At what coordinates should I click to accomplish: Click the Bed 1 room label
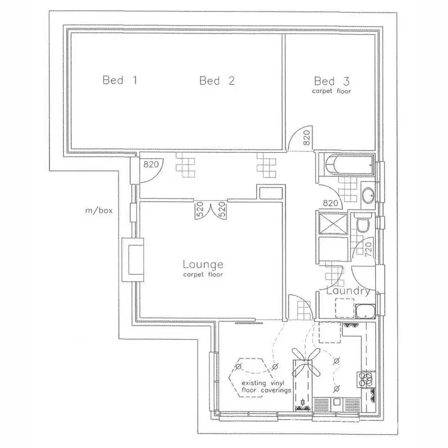click(120, 81)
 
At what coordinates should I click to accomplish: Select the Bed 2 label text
click(217, 81)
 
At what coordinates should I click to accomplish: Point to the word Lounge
click(202, 263)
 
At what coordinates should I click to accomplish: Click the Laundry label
click(351, 291)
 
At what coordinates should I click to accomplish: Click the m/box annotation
click(98, 210)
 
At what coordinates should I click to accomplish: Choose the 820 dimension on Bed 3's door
click(306, 139)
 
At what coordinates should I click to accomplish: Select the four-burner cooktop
click(365, 378)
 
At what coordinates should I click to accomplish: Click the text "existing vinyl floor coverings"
click(266, 386)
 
